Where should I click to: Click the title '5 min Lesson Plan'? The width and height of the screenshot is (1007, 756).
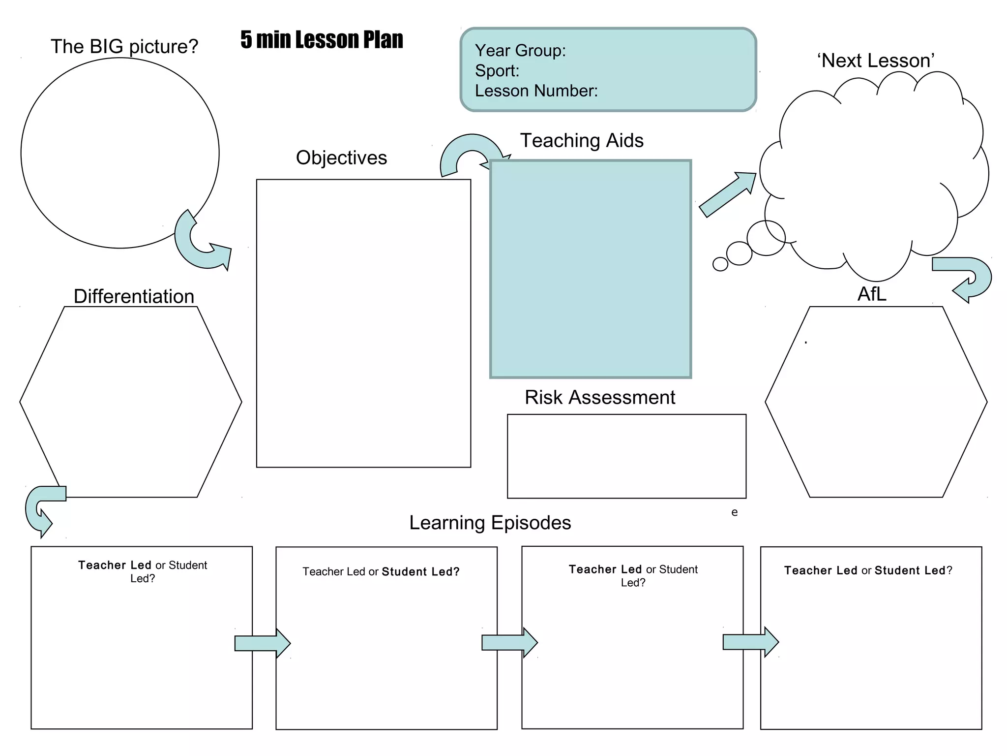pyautogui.click(x=322, y=40)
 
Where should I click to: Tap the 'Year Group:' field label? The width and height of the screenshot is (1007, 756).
pyautogui.click(x=520, y=50)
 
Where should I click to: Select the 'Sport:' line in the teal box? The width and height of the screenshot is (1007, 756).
pyautogui.click(x=497, y=70)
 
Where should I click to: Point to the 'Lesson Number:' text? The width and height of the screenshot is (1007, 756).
pyautogui.click(x=536, y=91)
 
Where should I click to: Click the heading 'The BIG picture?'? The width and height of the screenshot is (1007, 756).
pyautogui.click(x=124, y=46)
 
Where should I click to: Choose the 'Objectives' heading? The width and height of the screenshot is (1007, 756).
pyautogui.click(x=341, y=157)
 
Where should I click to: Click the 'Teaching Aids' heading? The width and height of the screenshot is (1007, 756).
pyautogui.click(x=582, y=140)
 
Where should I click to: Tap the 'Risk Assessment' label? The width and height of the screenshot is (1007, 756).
pyautogui.click(x=599, y=397)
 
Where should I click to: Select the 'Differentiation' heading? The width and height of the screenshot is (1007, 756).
pyautogui.click(x=134, y=296)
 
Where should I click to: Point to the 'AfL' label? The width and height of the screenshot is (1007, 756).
pyautogui.click(x=872, y=294)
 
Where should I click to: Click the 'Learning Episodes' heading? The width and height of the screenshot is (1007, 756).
pyautogui.click(x=490, y=523)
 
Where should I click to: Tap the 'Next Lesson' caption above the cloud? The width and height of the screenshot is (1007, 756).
pyautogui.click(x=876, y=61)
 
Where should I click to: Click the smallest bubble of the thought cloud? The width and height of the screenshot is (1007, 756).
pyautogui.click(x=720, y=264)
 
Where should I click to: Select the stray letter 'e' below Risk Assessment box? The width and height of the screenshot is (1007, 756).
pyautogui.click(x=734, y=512)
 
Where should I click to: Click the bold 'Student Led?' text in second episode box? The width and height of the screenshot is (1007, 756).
pyautogui.click(x=420, y=571)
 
